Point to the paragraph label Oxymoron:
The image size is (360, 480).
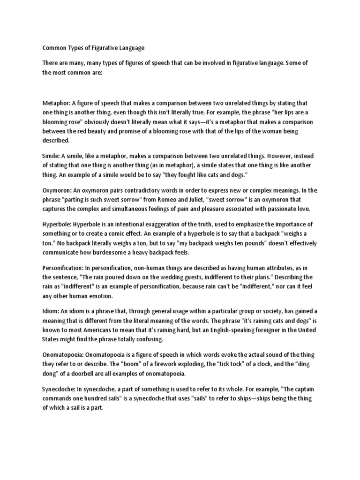tap(59, 190)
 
